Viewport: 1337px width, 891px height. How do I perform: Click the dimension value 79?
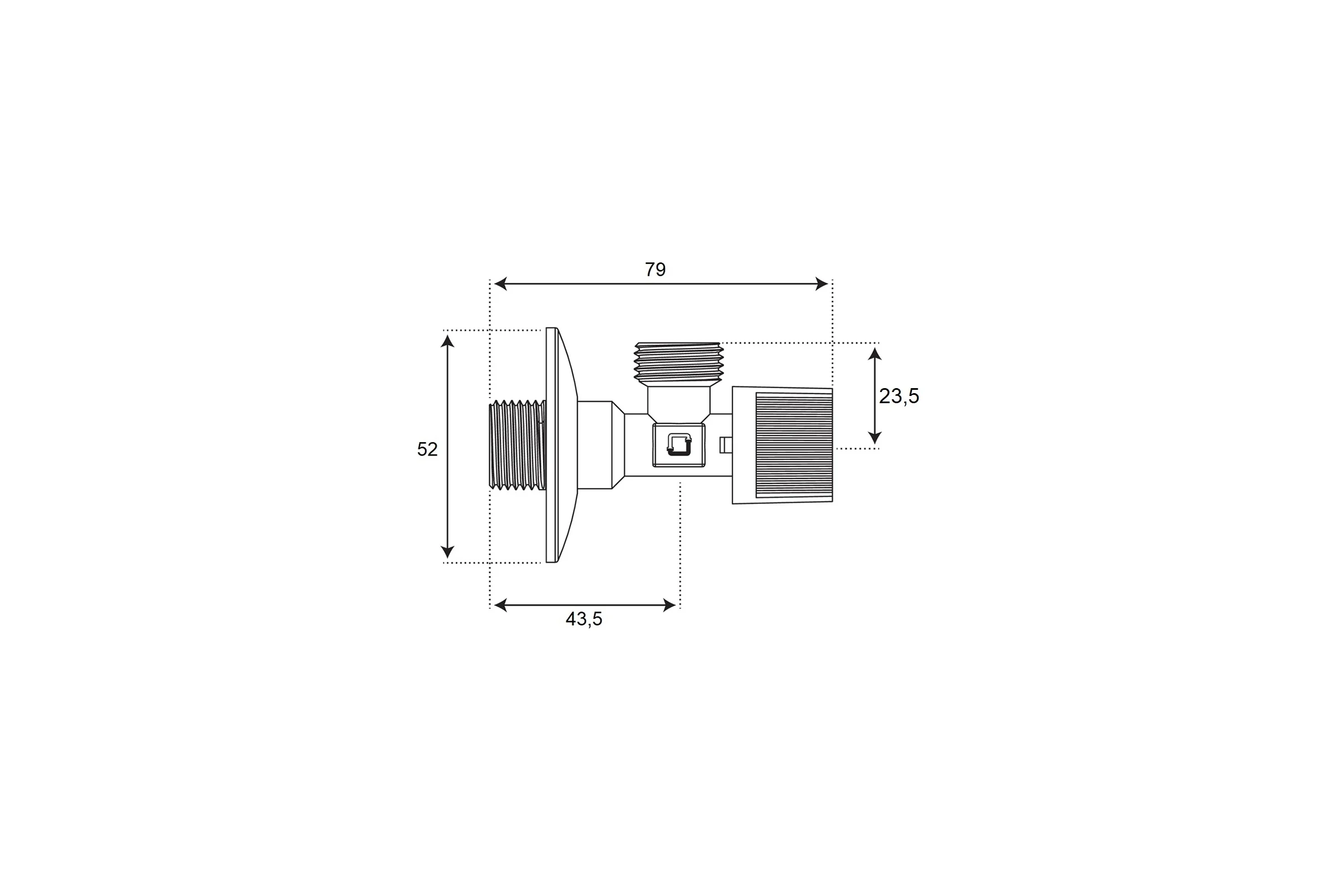[655, 270]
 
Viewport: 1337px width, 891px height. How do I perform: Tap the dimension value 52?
[427, 449]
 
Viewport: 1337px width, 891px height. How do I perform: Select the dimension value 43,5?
[584, 619]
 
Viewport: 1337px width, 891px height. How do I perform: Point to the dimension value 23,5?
[899, 396]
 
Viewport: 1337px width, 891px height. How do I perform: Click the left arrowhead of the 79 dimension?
[500, 283]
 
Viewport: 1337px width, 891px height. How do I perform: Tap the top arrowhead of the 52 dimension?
[447, 341]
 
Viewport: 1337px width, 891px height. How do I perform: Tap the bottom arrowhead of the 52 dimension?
[447, 552]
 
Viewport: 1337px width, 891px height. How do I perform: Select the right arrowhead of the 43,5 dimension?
[670, 605]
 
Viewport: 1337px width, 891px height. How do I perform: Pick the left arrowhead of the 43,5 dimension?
[500, 605]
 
